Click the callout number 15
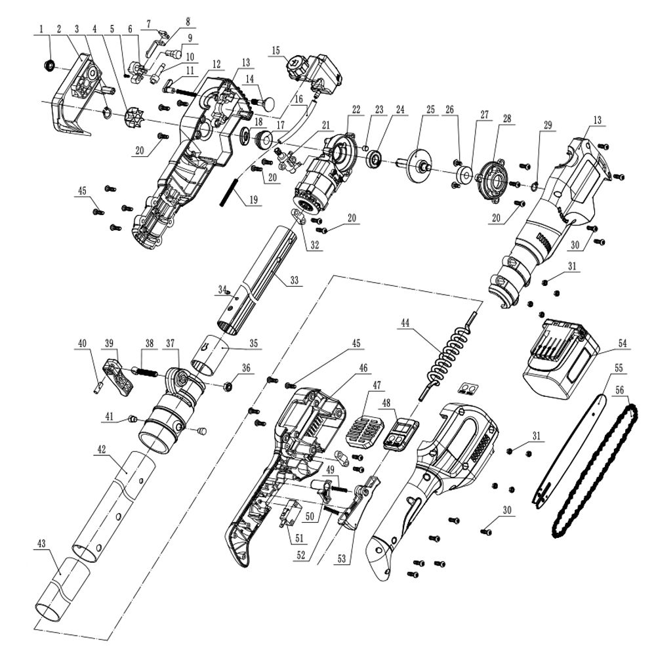(275, 50)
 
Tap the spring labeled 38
(148, 371)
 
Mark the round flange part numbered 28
(490, 176)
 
